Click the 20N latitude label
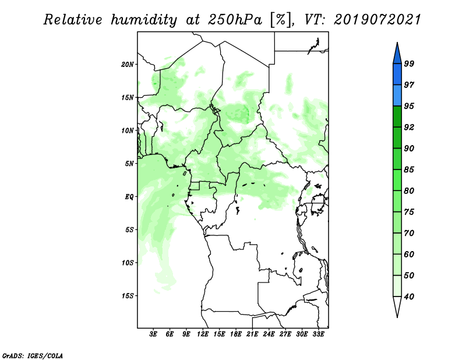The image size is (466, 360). pos(128,65)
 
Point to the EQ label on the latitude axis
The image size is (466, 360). pos(129,197)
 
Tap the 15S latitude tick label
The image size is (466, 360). pos(128,296)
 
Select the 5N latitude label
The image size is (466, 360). pos(129,164)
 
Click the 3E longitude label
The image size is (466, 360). pos(153,334)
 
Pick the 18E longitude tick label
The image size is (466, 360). pos(236,334)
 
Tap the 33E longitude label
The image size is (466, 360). pos(318,334)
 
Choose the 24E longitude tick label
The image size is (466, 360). pos(269,334)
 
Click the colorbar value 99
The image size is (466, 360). pos(409,63)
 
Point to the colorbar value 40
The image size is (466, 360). pos(409,297)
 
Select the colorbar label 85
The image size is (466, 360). pos(409,170)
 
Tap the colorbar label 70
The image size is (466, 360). pos(409,233)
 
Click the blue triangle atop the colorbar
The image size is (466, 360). pos(397,55)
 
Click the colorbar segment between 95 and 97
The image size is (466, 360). pos(397,96)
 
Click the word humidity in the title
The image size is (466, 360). pos(144,20)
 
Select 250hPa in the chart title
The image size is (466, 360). pos(235,20)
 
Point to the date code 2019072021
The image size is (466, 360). pos(377,20)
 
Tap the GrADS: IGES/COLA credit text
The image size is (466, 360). pos(33,355)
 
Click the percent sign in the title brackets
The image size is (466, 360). pos(280,20)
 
